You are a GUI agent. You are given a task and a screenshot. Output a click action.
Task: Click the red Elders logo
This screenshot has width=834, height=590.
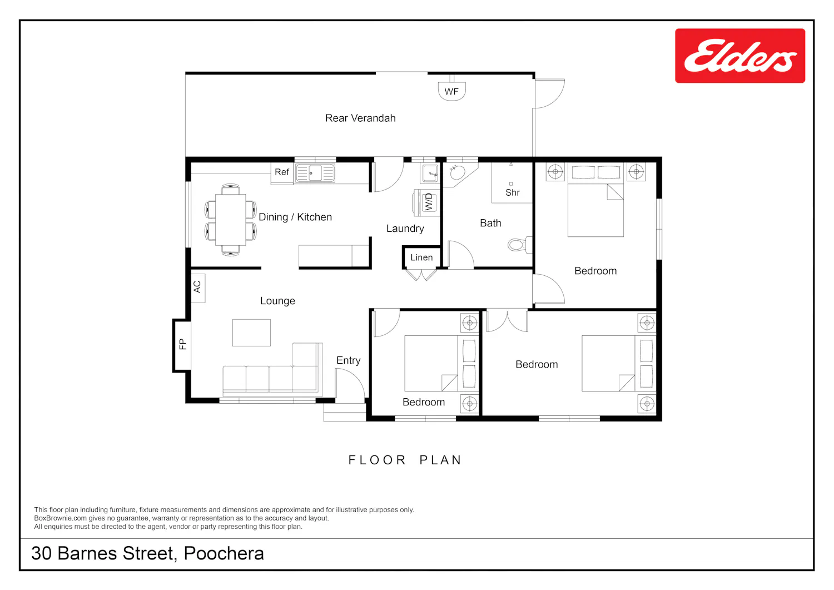(740, 56)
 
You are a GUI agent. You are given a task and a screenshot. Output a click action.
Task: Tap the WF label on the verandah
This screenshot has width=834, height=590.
(451, 92)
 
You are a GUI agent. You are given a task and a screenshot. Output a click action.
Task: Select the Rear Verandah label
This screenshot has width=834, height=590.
(360, 118)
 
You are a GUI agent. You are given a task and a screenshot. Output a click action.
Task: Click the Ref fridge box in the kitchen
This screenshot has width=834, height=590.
(282, 173)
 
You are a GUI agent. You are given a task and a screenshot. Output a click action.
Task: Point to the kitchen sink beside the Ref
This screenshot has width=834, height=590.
(315, 173)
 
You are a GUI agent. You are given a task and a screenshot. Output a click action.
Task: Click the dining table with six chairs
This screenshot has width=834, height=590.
(231, 220)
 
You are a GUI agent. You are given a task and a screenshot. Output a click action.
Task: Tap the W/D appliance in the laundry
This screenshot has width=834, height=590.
(427, 203)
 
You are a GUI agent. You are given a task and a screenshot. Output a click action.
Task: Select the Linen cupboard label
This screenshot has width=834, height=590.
(421, 257)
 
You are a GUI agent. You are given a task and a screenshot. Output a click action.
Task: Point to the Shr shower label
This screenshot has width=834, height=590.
(513, 192)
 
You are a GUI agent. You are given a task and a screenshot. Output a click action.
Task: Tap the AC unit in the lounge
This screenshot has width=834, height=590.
(198, 288)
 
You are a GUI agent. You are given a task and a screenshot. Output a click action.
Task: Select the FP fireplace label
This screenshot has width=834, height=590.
(182, 344)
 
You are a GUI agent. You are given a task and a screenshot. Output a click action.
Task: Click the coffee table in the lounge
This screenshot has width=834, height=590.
(252, 333)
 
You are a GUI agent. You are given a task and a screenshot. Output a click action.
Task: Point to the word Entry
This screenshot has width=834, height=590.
(349, 360)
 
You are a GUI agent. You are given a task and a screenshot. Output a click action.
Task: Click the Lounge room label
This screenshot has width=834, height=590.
(278, 301)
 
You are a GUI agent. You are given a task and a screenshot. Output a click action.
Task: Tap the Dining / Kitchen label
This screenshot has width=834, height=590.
(295, 217)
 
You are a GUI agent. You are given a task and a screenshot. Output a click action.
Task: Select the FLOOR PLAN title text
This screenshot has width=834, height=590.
(405, 460)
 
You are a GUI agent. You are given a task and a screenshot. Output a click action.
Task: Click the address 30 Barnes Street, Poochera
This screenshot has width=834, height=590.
(148, 553)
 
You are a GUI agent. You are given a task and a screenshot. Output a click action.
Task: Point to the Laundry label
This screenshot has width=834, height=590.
(405, 229)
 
